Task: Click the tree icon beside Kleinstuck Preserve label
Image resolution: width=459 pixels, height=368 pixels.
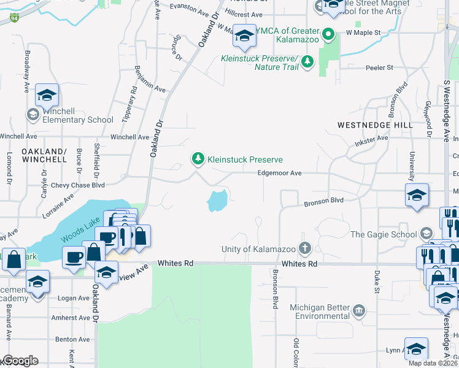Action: point(198,159)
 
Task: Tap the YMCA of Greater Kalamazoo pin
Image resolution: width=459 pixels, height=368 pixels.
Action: point(328,35)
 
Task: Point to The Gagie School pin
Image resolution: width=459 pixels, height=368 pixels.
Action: point(426,234)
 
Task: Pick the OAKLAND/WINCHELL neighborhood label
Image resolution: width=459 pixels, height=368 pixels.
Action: point(44,155)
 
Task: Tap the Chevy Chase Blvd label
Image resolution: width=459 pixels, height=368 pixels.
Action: point(78,185)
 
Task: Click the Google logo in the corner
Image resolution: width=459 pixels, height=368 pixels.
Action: point(20,361)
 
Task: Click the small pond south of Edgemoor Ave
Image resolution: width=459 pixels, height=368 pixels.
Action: point(217,200)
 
